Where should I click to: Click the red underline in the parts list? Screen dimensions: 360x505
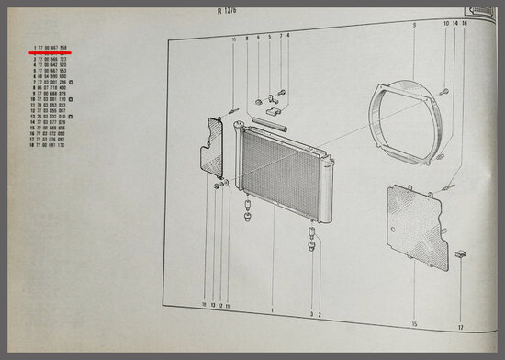click(51, 54)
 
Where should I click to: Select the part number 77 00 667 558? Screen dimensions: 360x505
click(54, 48)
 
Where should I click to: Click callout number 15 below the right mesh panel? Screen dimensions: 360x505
click(414, 325)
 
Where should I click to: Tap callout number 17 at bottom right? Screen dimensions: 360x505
click(462, 325)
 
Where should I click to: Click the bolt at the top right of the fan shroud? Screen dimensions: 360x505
click(443, 92)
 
